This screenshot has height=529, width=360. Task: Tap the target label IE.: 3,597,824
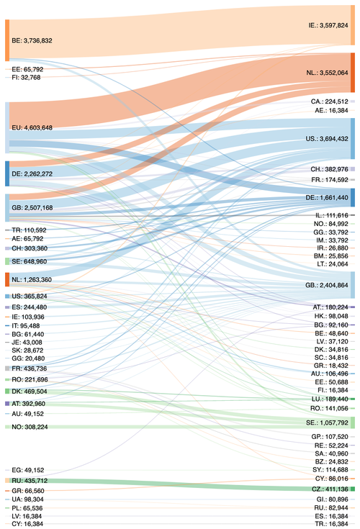[328, 24]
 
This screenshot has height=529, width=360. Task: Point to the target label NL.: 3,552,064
[327, 72]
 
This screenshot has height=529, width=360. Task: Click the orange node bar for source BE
[6, 40]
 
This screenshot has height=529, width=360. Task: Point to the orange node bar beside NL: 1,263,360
[6, 279]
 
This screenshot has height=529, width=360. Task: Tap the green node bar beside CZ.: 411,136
[352, 469]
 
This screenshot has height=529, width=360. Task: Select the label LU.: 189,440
[328, 398]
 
